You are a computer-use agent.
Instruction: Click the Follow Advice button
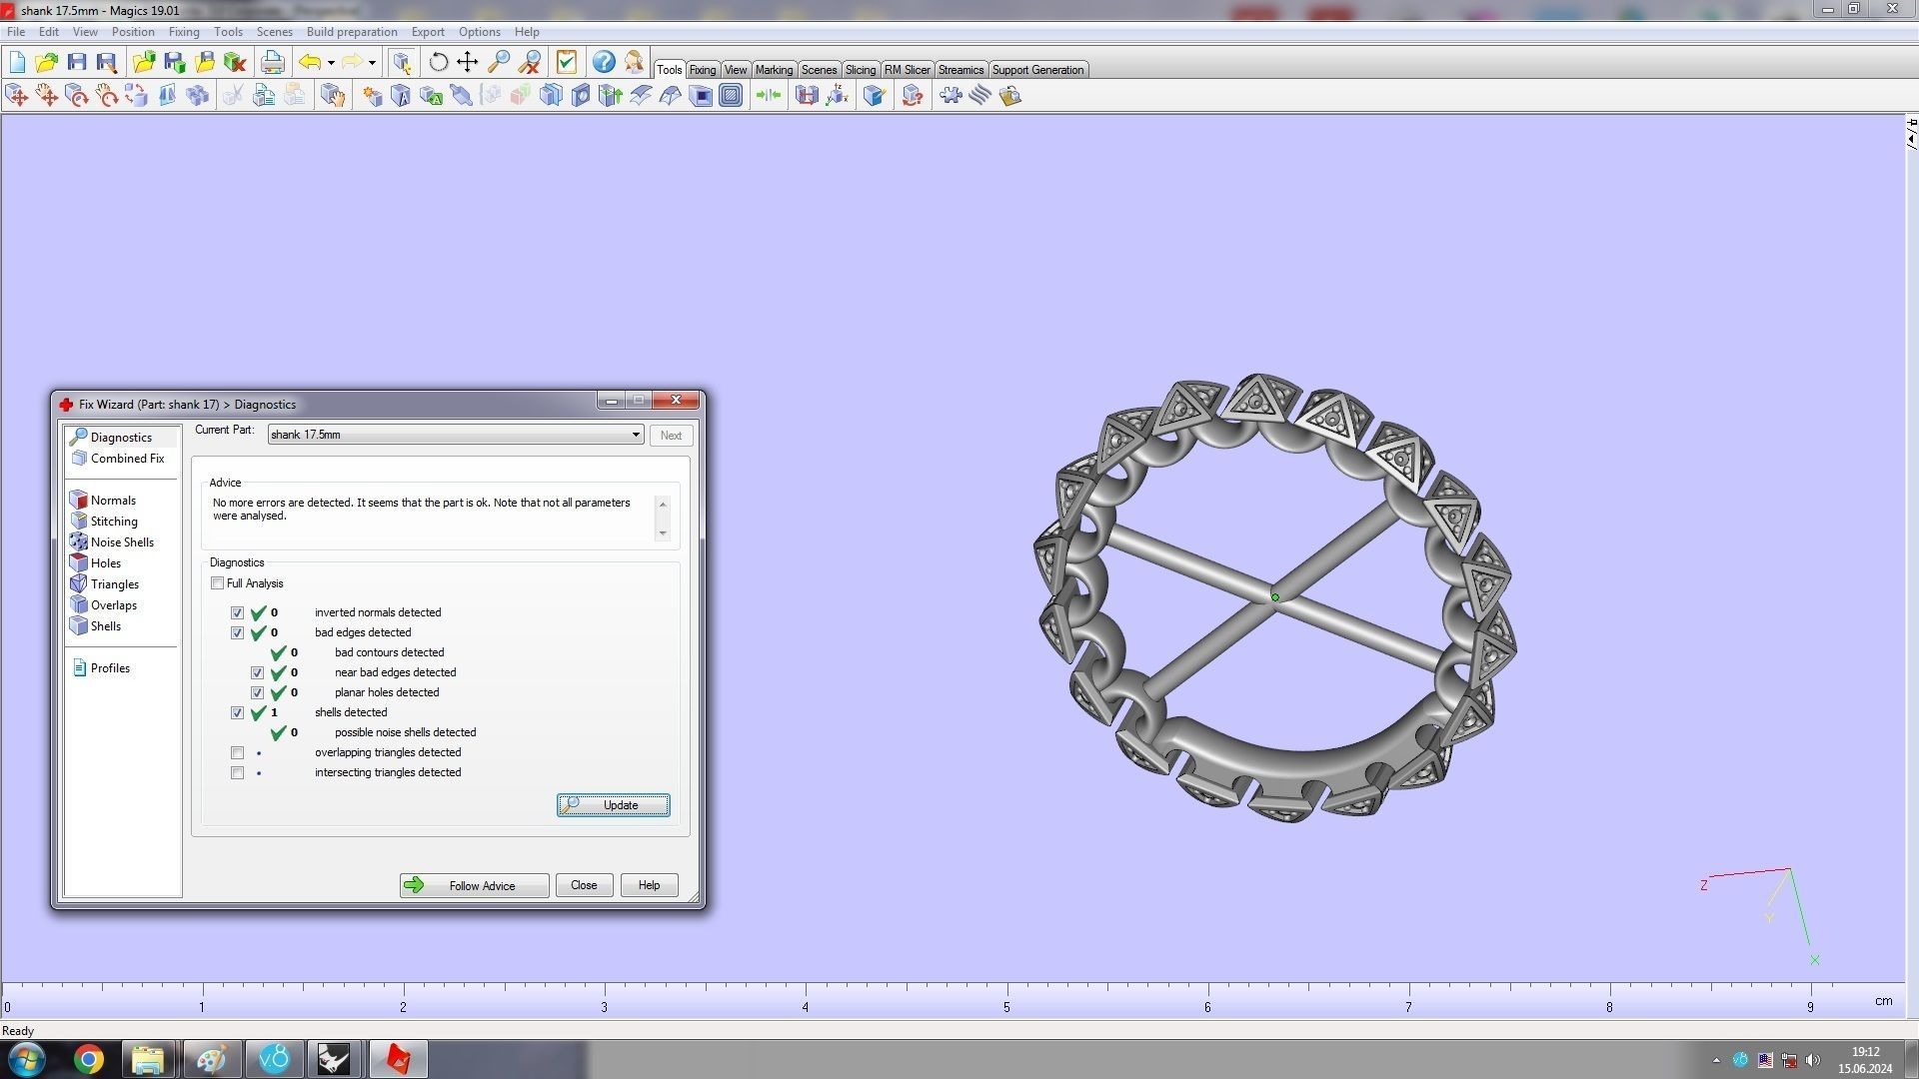(x=474, y=885)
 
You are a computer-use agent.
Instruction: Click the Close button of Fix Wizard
(x=584, y=885)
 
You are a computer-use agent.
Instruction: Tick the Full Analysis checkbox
(x=218, y=583)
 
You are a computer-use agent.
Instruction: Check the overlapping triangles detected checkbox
(x=237, y=752)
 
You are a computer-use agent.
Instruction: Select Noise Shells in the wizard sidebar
(x=122, y=542)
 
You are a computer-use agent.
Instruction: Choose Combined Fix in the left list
(x=127, y=459)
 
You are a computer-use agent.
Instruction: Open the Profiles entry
(x=110, y=668)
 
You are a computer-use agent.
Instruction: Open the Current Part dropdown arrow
(x=636, y=435)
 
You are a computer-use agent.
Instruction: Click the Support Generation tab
(x=1037, y=70)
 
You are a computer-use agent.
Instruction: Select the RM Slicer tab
(x=907, y=70)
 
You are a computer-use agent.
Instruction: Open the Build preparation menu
(x=352, y=32)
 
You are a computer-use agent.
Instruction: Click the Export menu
(x=428, y=32)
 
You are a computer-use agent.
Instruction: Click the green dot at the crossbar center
(x=1275, y=597)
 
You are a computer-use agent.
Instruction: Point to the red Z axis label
(x=1704, y=885)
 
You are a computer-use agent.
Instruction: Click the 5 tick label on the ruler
(x=1006, y=1007)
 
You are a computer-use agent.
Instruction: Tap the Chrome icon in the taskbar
(x=89, y=1059)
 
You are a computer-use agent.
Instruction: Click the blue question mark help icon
(x=604, y=62)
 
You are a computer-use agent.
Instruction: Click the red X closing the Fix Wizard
(x=676, y=401)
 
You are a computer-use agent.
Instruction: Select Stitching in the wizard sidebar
(x=114, y=522)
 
